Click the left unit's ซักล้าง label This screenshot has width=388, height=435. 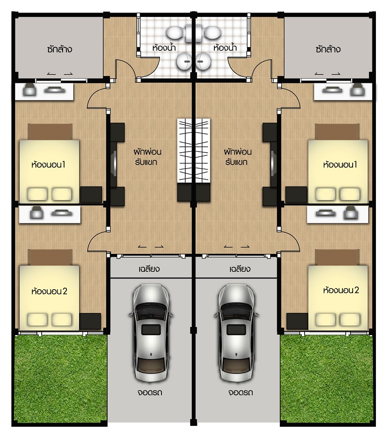[x=60, y=49]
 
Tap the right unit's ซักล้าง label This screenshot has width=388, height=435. [x=328, y=49]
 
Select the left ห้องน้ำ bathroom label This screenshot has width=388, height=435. [x=164, y=47]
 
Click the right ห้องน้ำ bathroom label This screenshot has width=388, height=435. [x=225, y=47]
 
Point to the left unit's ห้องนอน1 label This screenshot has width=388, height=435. [x=48, y=165]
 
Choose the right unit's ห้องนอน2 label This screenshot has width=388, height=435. [x=341, y=290]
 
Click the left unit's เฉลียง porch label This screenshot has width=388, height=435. [x=149, y=268]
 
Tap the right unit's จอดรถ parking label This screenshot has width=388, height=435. [x=241, y=392]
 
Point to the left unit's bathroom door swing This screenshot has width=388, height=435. [x=126, y=69]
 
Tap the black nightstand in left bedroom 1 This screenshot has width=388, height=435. [x=91, y=194]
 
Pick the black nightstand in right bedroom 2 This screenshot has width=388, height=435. [x=297, y=321]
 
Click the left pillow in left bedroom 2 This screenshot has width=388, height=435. [x=37, y=320]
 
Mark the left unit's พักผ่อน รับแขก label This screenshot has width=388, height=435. [x=147, y=157]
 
